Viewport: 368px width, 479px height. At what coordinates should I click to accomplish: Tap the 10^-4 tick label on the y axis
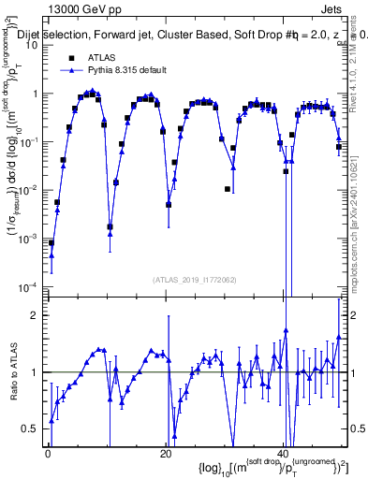30,286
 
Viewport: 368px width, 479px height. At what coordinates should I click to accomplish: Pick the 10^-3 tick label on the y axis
30,238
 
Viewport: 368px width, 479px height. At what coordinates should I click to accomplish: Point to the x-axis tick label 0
48,455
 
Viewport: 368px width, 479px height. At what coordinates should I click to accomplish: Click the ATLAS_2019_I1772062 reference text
195,280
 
